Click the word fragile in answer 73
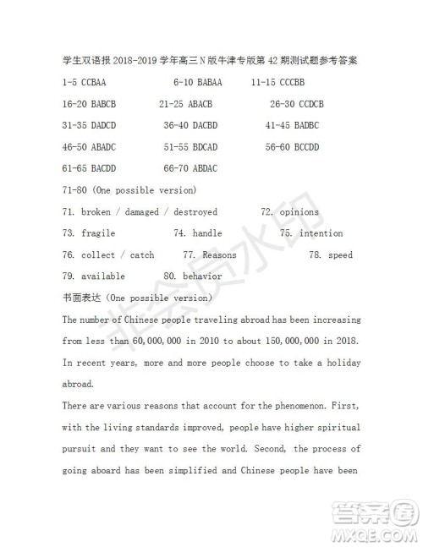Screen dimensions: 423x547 (98, 233)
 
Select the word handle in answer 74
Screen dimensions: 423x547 (207, 233)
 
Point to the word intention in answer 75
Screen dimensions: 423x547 (321, 233)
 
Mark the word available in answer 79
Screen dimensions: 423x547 (103, 276)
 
